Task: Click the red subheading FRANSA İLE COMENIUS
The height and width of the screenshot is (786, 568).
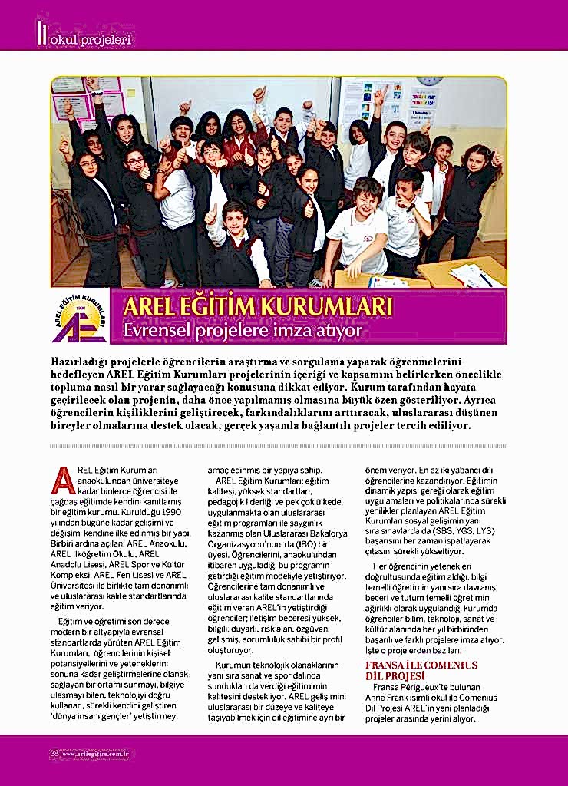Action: (421, 665)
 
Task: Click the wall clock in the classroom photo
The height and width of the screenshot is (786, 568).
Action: (430, 80)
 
